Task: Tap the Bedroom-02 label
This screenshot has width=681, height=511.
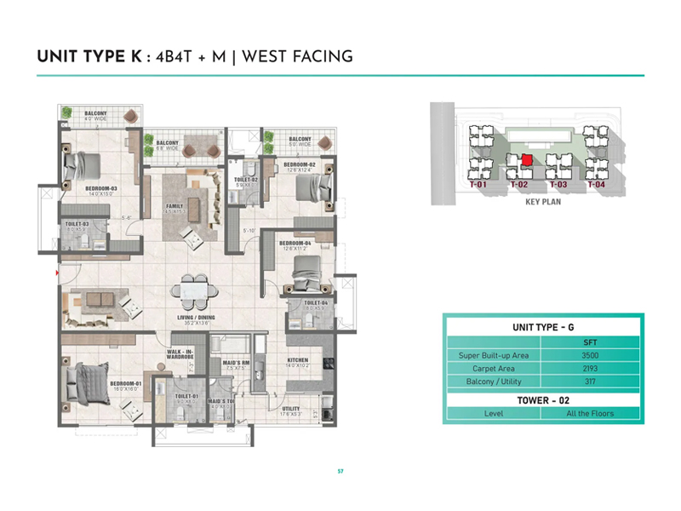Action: click(300, 164)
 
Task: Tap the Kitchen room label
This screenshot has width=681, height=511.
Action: click(297, 360)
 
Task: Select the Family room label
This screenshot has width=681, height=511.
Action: click(175, 205)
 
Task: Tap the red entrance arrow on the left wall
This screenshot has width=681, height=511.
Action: click(56, 273)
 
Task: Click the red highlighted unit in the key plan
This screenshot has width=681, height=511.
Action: click(527, 160)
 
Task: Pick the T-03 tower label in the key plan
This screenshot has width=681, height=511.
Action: click(558, 184)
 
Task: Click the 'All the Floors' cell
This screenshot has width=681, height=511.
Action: click(580, 413)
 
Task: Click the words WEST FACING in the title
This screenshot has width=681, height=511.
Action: click(298, 57)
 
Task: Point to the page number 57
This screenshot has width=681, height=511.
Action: click(340, 470)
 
